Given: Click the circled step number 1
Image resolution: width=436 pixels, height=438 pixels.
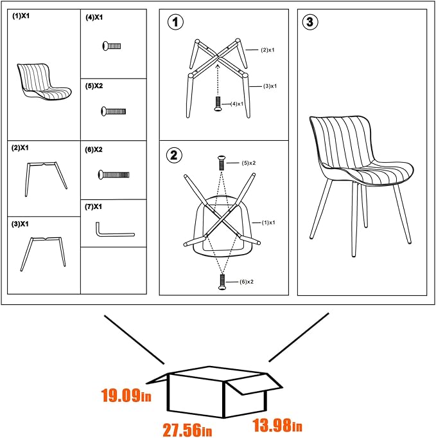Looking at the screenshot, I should point(175,23).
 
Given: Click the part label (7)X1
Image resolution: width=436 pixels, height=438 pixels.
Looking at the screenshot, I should point(94,207).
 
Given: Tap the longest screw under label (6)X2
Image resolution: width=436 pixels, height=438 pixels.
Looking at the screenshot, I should point(113,174).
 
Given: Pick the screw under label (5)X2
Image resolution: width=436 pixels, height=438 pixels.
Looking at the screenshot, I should point(112,111).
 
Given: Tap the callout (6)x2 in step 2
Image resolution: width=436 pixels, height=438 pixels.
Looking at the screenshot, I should point(247,282).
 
